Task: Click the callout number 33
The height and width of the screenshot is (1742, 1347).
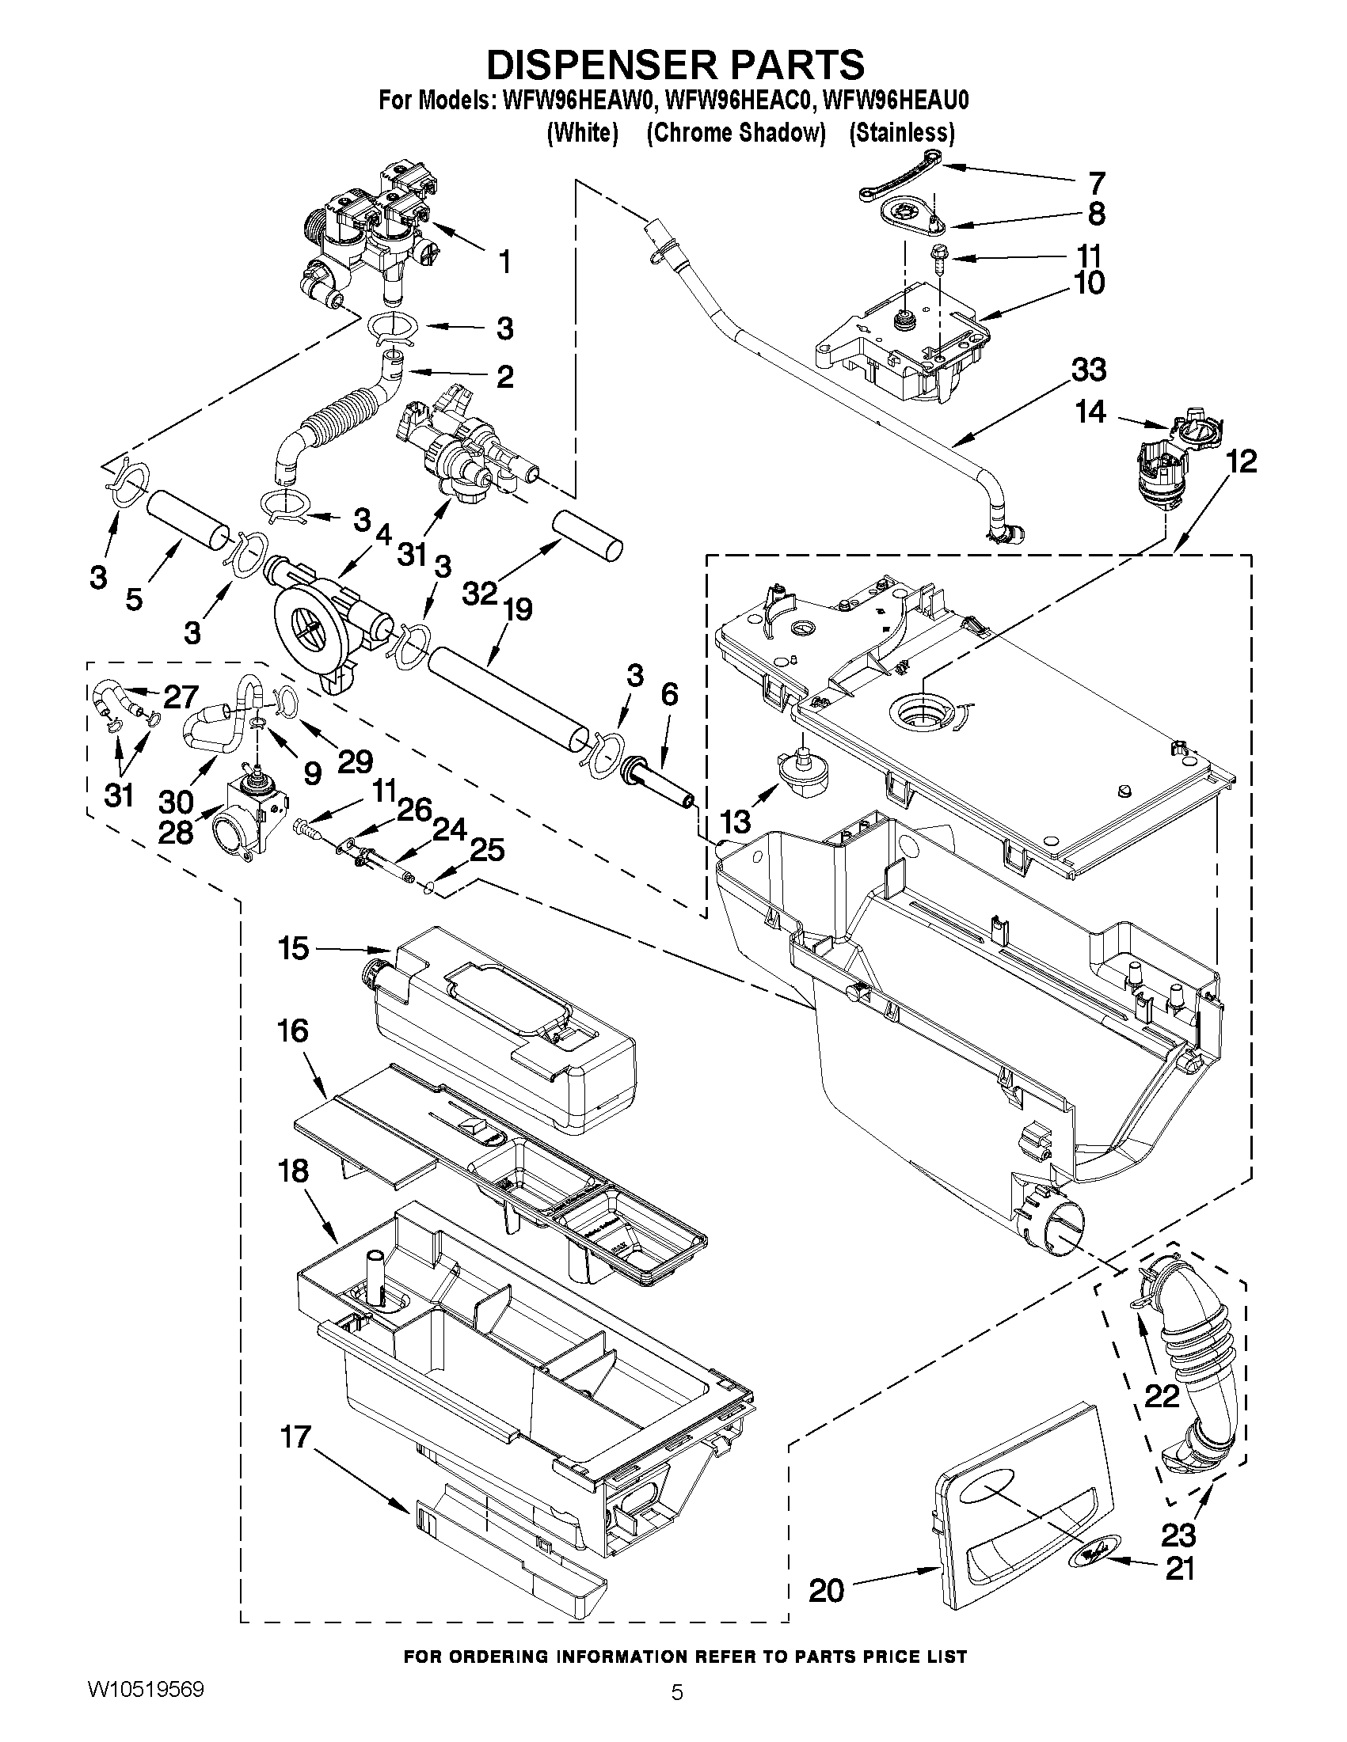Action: (1090, 370)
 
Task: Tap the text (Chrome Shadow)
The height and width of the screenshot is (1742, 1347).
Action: (735, 132)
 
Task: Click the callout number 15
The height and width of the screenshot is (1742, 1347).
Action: (293, 948)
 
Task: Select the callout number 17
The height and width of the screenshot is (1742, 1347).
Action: (295, 1436)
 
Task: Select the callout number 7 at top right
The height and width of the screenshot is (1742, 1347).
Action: (1098, 183)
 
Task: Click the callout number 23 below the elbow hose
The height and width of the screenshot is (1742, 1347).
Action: (1179, 1534)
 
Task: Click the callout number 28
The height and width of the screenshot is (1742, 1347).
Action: (176, 832)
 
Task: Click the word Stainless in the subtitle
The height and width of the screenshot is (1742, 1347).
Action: (902, 132)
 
